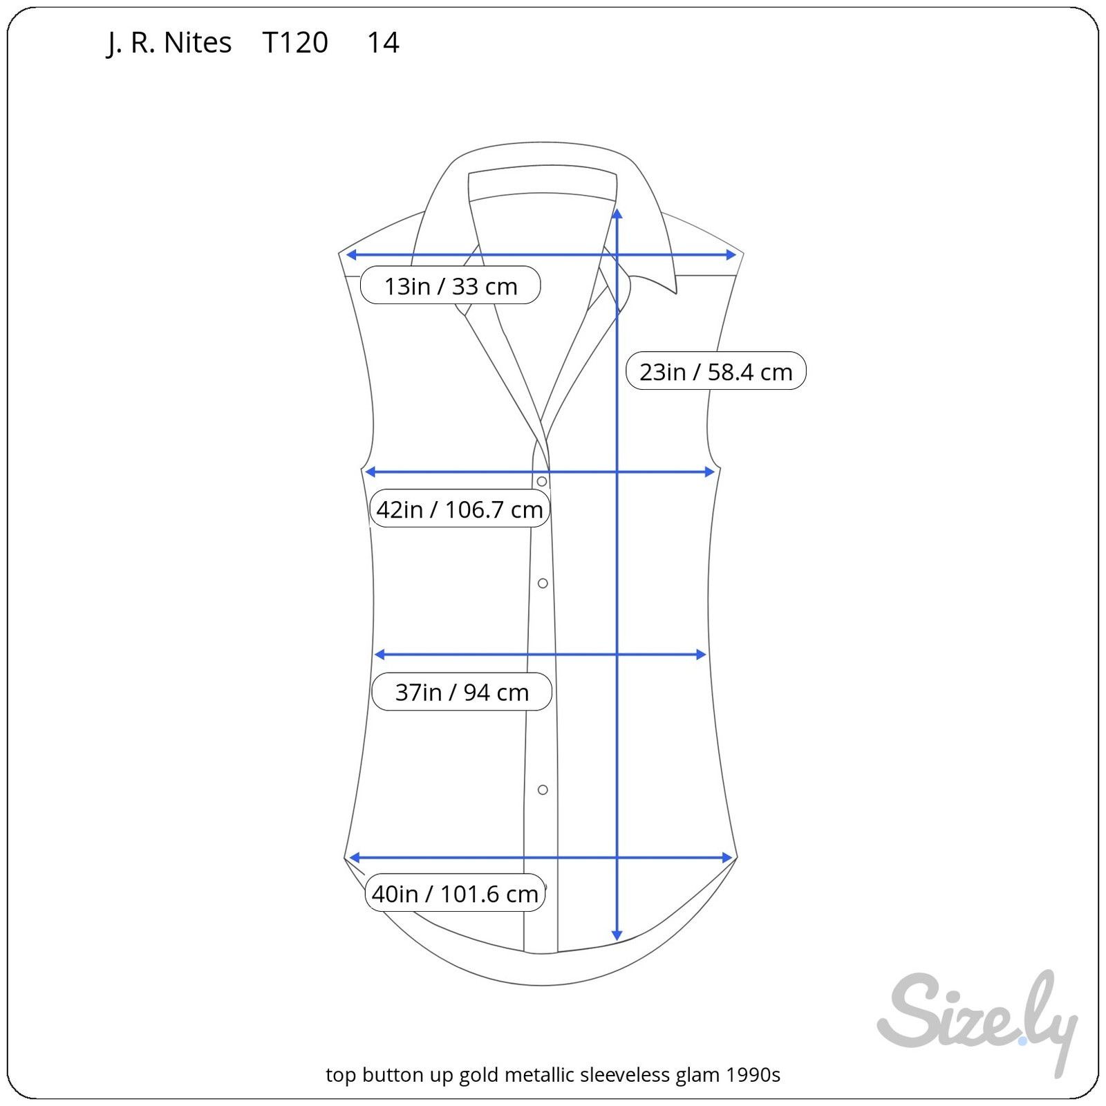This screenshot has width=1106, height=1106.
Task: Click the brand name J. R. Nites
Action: tap(169, 43)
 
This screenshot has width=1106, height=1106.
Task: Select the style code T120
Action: tap(295, 43)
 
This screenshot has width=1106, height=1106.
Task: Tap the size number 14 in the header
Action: tap(383, 43)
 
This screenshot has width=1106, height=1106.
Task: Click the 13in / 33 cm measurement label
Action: tap(450, 285)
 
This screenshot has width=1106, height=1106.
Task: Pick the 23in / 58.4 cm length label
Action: tap(715, 371)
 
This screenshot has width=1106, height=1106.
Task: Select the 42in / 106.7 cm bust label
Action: tap(460, 509)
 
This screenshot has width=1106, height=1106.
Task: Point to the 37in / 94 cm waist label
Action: tap(462, 691)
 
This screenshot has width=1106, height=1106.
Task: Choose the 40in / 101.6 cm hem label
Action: tap(455, 894)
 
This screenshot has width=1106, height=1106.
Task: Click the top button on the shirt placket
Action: tap(542, 481)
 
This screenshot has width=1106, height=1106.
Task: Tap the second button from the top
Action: tap(543, 583)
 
